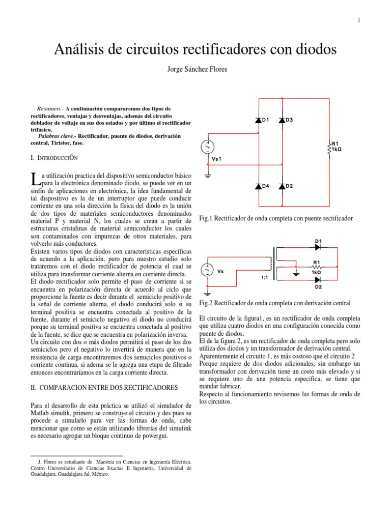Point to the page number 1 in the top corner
pyautogui.click(x=359, y=20)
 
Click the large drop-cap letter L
pyautogui.click(x=35, y=179)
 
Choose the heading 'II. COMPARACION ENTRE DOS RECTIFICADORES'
pyautogui.click(x=104, y=388)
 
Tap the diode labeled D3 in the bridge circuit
pyautogui.click(x=281, y=120)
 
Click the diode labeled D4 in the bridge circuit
pyautogui.click(x=259, y=186)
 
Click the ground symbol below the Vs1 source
pyautogui.click(x=207, y=177)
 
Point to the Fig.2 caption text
pyautogui.click(x=275, y=303)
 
